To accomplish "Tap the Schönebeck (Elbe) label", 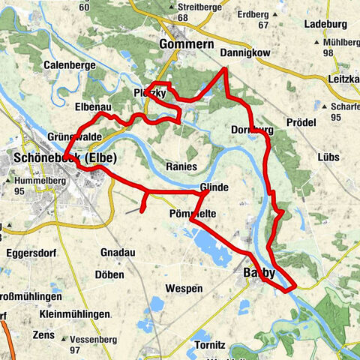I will tap(61, 159).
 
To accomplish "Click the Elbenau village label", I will tap(93, 106).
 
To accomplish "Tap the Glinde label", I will tap(213, 187).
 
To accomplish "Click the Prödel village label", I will tap(302, 122).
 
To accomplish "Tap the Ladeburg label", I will tap(325, 24).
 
